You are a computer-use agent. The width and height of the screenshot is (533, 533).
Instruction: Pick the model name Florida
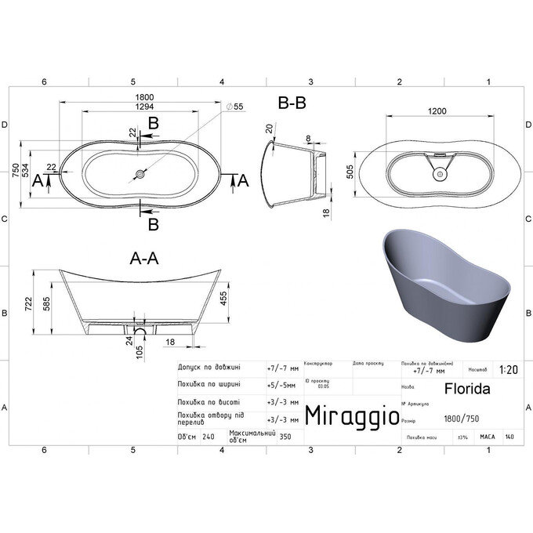468,387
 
